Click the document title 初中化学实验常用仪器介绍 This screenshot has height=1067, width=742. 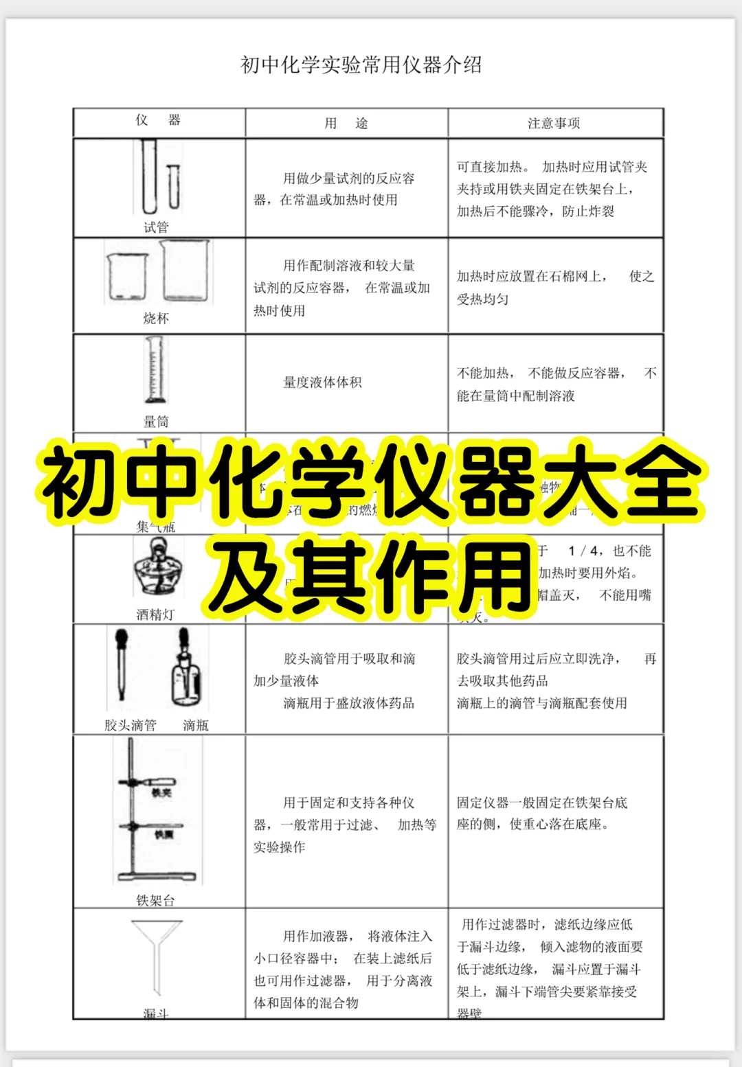click(361, 65)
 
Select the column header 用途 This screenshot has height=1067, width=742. click(346, 124)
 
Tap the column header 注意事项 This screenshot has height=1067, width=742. click(554, 124)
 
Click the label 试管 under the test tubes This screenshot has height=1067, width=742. click(156, 227)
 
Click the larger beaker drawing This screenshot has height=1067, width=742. click(185, 271)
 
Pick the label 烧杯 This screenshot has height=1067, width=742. click(156, 319)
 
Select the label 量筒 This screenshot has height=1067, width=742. click(156, 422)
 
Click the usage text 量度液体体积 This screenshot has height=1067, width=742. click(322, 382)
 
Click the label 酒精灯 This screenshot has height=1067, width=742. click(155, 615)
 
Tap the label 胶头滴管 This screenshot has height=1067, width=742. click(131, 725)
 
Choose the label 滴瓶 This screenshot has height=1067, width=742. click(196, 725)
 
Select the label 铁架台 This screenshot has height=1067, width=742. click(155, 900)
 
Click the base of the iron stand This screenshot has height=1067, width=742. click(157, 876)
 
